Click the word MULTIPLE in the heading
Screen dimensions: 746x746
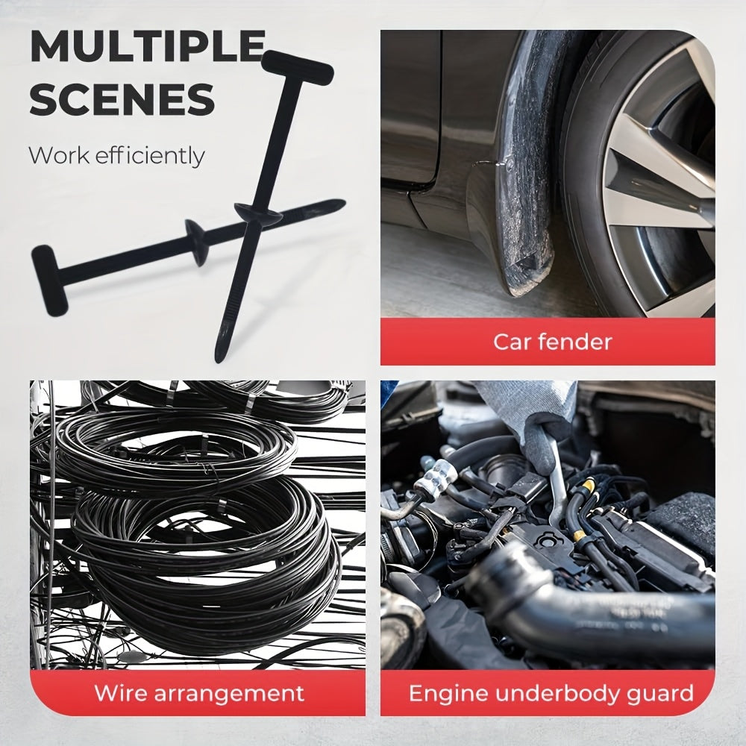146,48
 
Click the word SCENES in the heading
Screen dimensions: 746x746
122,100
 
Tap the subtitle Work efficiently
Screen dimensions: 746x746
116,156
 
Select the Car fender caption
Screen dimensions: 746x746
552,342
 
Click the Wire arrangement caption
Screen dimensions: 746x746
198,693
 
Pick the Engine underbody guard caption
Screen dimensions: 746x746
551,693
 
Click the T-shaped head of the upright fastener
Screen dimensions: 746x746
297,66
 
